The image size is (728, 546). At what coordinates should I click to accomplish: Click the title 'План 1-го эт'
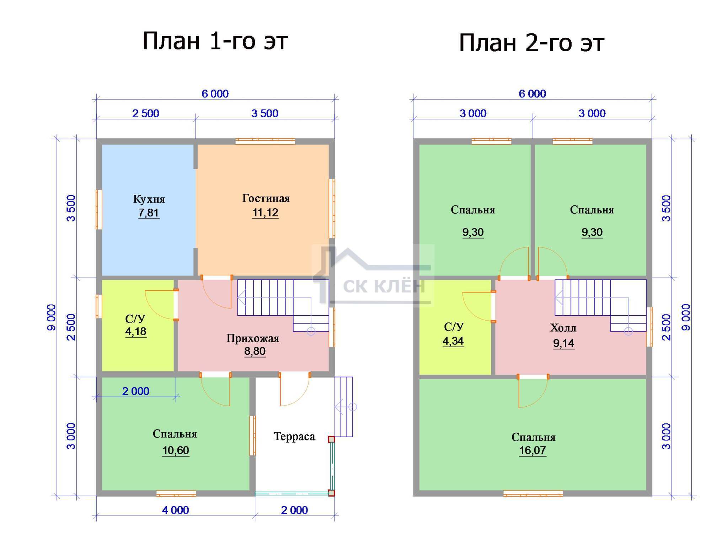pos(215,41)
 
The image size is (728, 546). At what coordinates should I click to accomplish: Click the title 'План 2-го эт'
pos(531,43)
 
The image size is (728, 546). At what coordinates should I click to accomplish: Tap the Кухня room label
pos(149,199)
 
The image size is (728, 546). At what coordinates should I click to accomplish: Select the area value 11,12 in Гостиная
pos(265,213)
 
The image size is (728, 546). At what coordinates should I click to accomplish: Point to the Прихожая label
pos(253,338)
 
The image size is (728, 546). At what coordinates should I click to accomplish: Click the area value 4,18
pos(136,332)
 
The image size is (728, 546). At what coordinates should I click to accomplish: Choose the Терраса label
pos(294,437)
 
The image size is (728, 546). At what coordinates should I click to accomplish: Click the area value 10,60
pos(176,450)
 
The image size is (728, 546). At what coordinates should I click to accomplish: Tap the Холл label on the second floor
pos(563,328)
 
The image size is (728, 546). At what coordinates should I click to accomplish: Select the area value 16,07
pos(532,450)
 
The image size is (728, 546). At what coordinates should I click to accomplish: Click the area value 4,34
pos(453,341)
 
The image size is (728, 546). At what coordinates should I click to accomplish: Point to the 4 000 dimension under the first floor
pos(176,510)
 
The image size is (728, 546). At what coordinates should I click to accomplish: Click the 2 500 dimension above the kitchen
pos(146,113)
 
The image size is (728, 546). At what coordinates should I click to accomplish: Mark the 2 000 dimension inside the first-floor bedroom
pos(136,391)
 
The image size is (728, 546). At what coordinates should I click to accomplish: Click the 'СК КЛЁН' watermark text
pos(384,286)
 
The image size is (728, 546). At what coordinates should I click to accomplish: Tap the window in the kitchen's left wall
pos(99,209)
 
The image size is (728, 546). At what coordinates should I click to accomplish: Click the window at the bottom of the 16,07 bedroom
pos(533,493)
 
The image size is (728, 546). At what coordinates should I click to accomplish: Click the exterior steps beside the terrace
pos(344,407)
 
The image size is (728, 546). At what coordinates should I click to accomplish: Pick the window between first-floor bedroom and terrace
pos(252,435)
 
